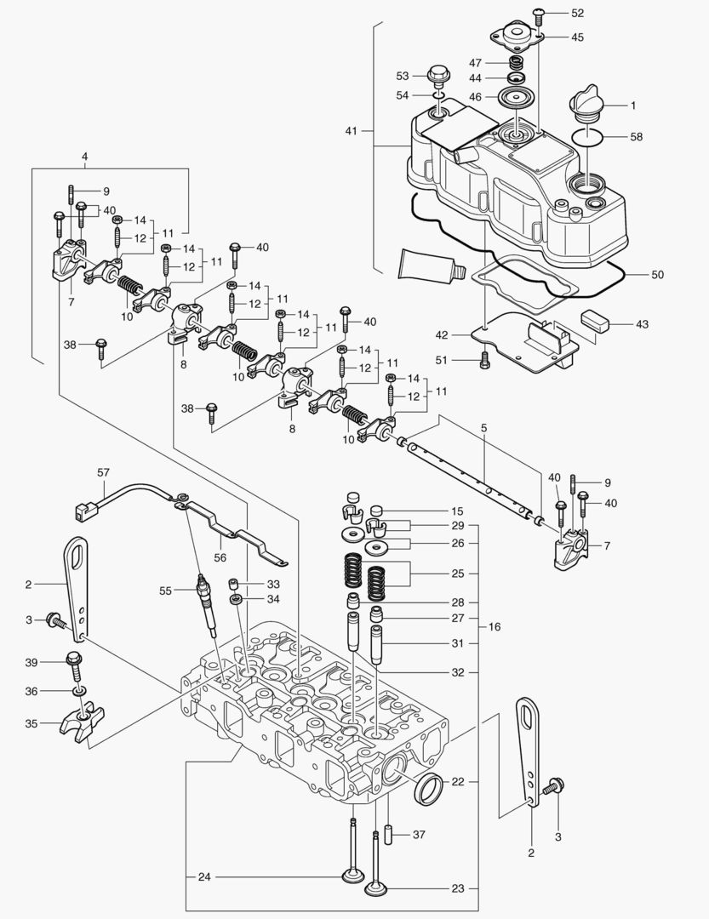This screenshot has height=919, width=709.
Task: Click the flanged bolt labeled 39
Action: [x=73, y=662]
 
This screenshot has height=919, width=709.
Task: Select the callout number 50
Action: [x=656, y=275]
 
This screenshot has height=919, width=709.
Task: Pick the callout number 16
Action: [x=494, y=626]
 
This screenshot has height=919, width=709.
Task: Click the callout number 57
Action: [x=104, y=471]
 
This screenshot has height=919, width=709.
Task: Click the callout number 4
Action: [x=84, y=157]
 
